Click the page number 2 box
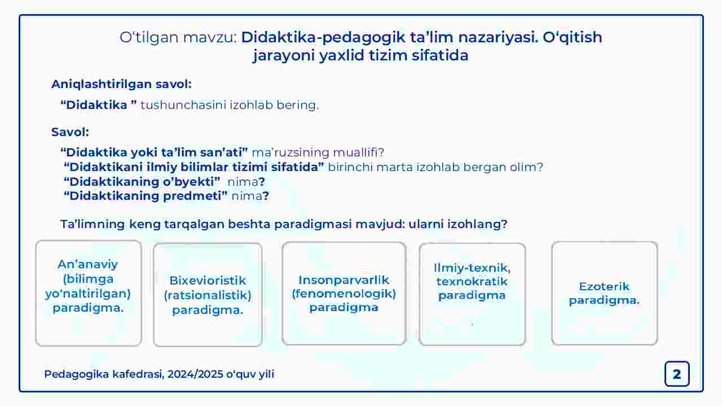click(x=677, y=374)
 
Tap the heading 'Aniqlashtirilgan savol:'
click(x=121, y=84)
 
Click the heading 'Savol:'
click(x=71, y=132)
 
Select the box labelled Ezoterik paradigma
click(x=604, y=293)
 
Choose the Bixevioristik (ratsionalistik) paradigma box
click(x=208, y=295)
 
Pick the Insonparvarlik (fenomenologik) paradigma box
click(x=344, y=294)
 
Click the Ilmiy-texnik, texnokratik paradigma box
click(x=473, y=294)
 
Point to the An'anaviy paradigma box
click(x=89, y=293)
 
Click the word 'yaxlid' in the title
click(x=342, y=55)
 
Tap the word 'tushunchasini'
click(x=183, y=105)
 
